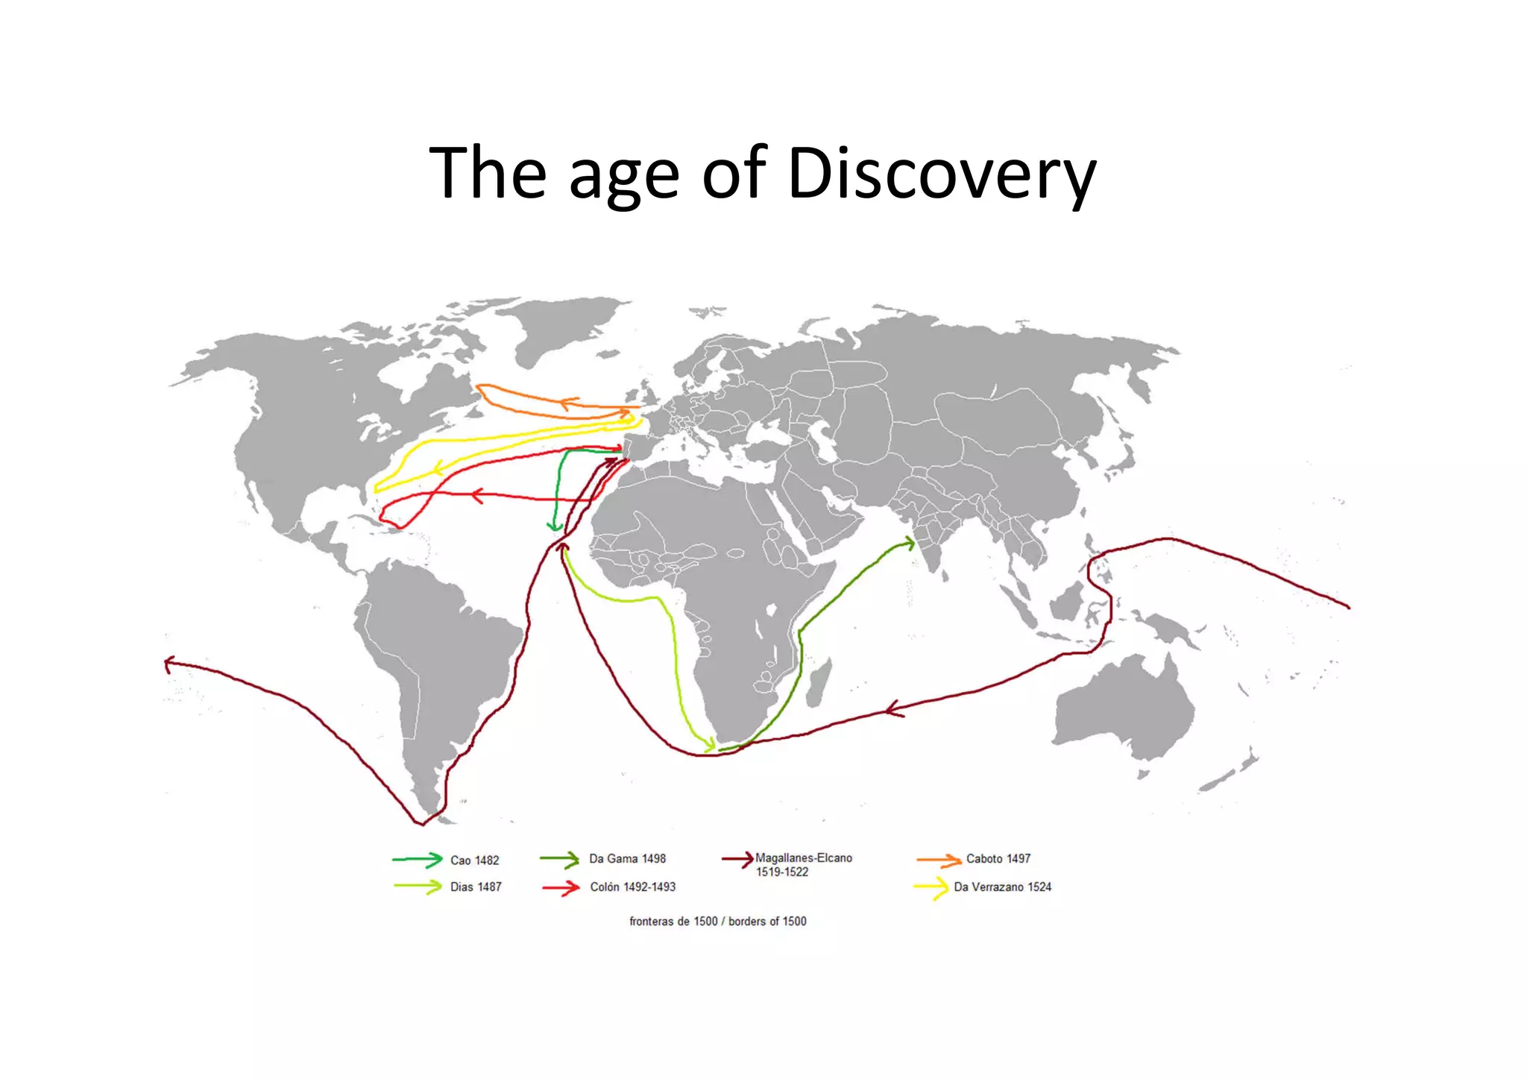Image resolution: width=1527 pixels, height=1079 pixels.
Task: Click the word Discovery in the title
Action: point(941,174)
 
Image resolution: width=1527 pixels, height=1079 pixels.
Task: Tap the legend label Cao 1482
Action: point(474,861)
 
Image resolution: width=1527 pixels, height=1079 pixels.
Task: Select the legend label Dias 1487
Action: point(476,887)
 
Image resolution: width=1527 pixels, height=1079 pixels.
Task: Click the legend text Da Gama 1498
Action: point(627,859)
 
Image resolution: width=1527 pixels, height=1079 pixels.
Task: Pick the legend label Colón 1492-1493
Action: point(632,887)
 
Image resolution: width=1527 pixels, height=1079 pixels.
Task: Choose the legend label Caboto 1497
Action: point(998,859)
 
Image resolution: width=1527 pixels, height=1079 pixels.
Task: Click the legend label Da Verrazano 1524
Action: point(1002,887)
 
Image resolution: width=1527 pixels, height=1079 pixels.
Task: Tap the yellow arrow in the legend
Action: point(931,888)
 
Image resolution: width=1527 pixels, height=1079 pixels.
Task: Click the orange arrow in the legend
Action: point(939,861)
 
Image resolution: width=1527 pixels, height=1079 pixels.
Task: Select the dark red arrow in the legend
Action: point(738,860)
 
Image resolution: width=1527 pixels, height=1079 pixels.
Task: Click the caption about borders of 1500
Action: point(717,922)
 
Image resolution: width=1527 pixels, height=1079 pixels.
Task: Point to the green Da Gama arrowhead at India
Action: point(909,544)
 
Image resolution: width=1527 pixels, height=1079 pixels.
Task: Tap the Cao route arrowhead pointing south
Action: point(554,526)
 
